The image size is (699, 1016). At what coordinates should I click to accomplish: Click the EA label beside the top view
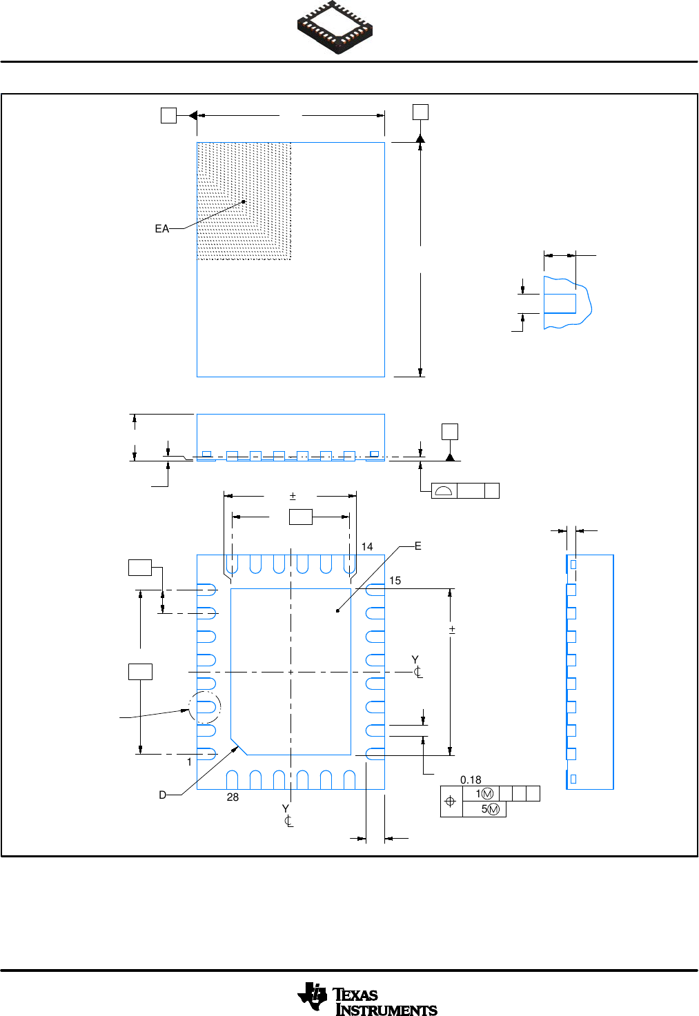(161, 229)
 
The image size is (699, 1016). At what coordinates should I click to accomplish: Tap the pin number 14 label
(367, 547)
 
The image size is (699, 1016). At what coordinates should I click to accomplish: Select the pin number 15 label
(395, 581)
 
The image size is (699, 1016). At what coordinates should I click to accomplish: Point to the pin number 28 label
(233, 797)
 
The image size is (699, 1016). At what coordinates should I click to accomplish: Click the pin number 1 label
(189, 762)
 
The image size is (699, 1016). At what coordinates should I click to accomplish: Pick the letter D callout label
(163, 795)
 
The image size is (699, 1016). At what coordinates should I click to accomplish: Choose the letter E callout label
(418, 546)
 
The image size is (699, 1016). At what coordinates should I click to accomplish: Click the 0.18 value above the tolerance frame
(471, 780)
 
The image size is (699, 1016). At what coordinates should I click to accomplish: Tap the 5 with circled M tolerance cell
(490, 809)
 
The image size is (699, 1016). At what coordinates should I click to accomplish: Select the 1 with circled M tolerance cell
(484, 794)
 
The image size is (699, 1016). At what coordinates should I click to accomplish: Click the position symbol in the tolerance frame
(451, 801)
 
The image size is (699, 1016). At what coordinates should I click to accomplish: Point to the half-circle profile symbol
(444, 491)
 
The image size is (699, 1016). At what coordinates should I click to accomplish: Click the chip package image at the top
(335, 27)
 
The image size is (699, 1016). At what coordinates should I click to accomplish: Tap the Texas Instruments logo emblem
(312, 997)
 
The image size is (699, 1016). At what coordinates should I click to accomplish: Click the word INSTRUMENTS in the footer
(386, 1010)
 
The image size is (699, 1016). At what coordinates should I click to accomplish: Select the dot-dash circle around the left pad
(205, 707)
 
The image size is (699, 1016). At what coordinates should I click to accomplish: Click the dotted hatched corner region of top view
(244, 201)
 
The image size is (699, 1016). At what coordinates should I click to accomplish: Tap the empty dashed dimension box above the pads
(300, 517)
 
